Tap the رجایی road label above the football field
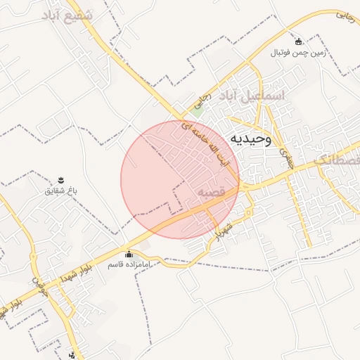click(344, 15)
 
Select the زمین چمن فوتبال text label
click(298, 53)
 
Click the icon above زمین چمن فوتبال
click(298, 41)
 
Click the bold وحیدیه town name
click(249, 139)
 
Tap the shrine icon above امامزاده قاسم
click(128, 254)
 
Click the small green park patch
click(198, 110)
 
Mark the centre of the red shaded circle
click(180, 180)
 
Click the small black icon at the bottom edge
click(73, 354)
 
